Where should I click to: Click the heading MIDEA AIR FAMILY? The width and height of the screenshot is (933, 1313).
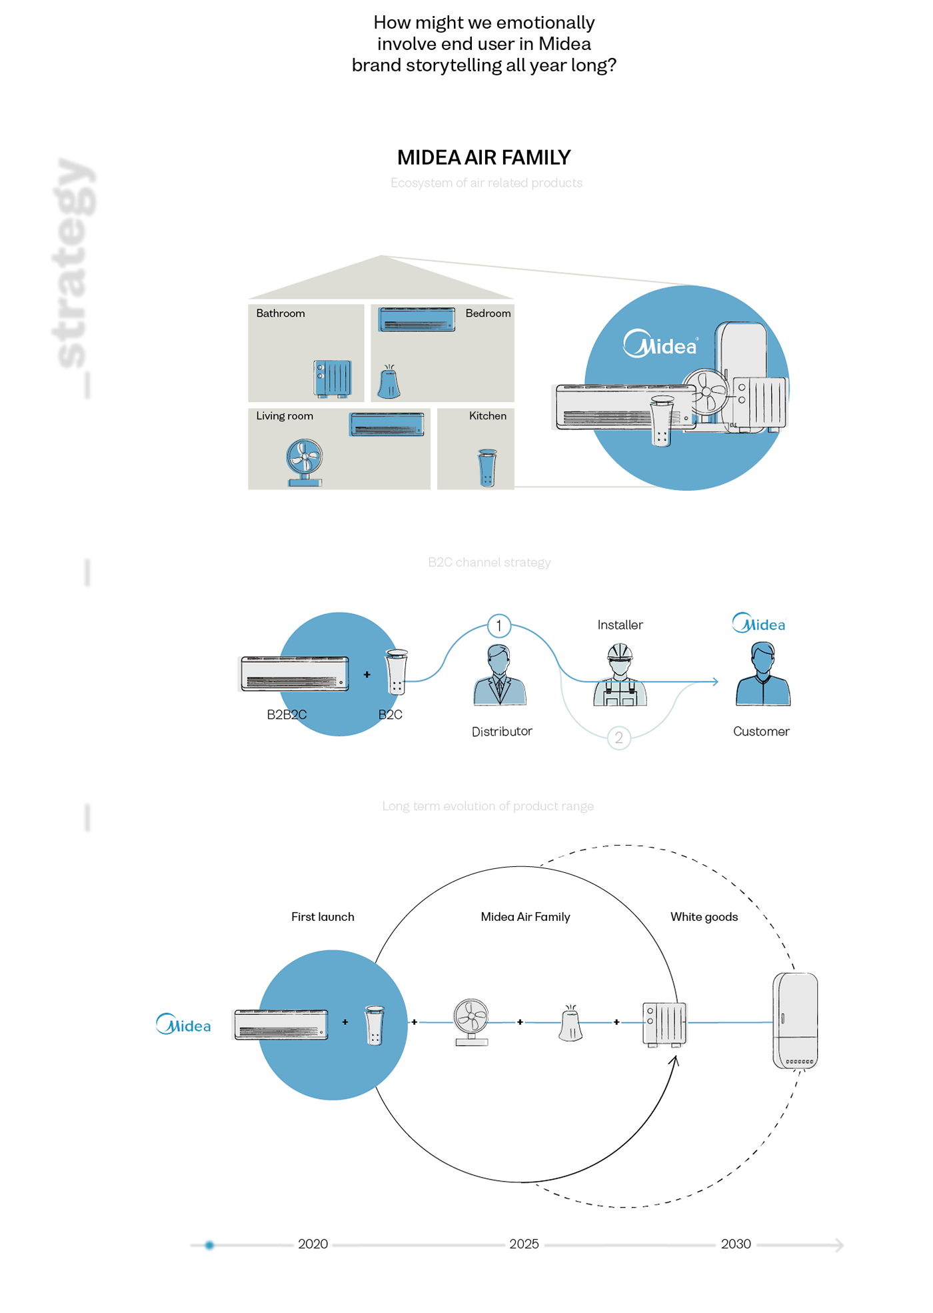click(x=484, y=157)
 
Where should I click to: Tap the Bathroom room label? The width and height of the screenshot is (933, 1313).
click(x=281, y=313)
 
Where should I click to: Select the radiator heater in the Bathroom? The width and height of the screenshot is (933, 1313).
click(x=332, y=378)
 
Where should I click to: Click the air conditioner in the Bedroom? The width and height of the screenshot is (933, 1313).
click(x=417, y=319)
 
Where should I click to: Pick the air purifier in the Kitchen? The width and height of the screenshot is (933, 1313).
click(x=487, y=467)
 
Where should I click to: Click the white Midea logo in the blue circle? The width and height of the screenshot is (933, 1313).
click(x=660, y=344)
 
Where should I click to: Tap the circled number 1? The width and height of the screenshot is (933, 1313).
click(x=498, y=625)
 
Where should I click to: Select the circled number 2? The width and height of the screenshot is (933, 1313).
click(x=618, y=738)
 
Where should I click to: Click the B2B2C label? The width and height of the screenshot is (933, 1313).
click(x=287, y=715)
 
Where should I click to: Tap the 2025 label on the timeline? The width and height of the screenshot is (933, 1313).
click(x=524, y=1244)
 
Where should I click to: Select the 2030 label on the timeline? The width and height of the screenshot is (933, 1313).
click(x=736, y=1244)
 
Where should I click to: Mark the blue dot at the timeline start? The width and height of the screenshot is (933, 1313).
click(x=209, y=1245)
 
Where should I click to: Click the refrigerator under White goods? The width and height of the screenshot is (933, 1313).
click(x=795, y=1021)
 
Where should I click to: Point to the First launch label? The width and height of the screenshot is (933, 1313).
click(x=323, y=917)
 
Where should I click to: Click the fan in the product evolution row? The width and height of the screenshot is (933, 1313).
click(x=471, y=1022)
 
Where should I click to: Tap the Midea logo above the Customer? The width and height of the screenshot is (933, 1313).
click(x=759, y=623)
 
